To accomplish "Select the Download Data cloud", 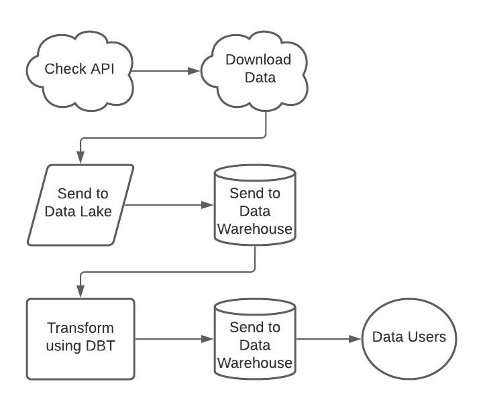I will click(258, 68).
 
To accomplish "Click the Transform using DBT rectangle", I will click(80, 338).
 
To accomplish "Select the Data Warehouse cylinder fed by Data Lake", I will click(254, 211).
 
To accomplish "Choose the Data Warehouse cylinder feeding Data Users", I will click(254, 346).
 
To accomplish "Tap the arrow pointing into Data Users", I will click(329, 338).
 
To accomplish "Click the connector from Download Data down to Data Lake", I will click(174, 139).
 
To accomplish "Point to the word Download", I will click(258, 60).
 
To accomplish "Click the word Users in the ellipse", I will click(427, 337).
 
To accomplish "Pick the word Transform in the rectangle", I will click(80, 329).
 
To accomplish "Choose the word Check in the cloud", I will click(60, 69).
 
